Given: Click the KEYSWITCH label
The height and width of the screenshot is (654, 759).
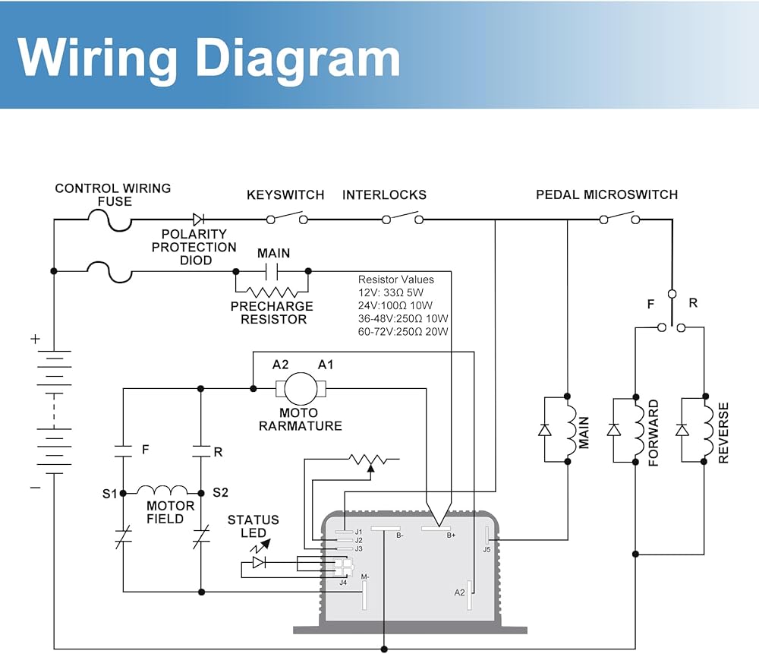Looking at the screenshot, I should point(285,195).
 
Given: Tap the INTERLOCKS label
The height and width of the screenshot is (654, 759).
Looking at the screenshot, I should point(384,195).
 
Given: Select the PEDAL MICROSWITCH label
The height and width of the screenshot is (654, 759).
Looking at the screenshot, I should point(606,195).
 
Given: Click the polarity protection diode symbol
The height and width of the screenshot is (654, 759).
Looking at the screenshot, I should point(199,220).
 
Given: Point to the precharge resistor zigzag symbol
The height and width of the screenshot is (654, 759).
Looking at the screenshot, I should point(272,292).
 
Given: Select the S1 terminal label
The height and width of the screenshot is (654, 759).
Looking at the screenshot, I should point(110,494).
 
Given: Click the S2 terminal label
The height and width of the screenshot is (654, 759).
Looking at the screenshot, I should point(220,493).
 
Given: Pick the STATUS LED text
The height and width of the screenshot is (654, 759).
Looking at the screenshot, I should point(253,526).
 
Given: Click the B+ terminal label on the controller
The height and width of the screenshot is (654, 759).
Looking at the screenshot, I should point(451,536).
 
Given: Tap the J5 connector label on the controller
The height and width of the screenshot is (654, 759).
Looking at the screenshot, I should point(487,549).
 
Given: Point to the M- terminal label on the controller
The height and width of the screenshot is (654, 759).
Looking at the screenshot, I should point(365,577).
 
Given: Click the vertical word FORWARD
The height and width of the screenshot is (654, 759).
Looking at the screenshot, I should point(653,433).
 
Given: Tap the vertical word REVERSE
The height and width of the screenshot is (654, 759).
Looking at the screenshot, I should point(723,433).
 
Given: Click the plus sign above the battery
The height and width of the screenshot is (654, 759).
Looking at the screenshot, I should point(35,340).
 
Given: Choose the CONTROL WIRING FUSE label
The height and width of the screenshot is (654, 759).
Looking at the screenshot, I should point(113,194).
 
